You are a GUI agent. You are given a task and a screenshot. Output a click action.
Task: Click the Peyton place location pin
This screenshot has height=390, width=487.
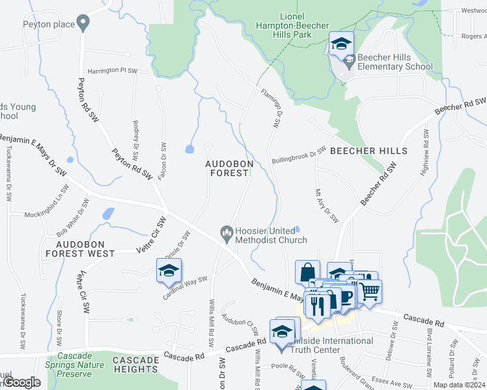(83, 24)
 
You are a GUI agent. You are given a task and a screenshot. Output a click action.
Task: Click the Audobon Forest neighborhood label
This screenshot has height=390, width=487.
(228, 168)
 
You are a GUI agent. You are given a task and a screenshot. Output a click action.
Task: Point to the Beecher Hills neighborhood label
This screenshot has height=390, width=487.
(369, 151)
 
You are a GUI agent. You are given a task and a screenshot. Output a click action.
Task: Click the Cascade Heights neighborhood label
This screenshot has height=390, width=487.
(135, 364)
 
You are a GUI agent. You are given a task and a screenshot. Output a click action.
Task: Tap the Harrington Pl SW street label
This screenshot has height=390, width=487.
(113, 70)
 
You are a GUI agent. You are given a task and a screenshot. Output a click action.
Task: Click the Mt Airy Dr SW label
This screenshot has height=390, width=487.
(327, 206)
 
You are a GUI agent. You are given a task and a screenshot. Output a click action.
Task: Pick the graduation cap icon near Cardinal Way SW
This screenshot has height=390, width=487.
(169, 270)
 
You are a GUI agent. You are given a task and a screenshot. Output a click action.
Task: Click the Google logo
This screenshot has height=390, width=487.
(21, 383)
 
